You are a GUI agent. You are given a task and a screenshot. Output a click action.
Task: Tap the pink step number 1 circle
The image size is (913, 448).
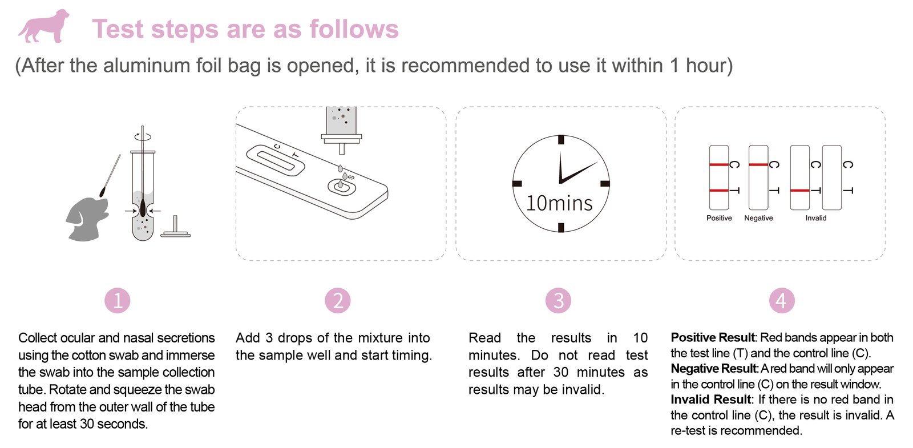118,301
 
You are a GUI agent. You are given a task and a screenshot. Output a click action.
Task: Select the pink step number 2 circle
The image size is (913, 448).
337,301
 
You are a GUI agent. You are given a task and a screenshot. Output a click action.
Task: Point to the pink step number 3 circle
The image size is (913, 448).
559,301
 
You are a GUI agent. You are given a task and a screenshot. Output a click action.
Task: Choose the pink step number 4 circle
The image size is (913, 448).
782,301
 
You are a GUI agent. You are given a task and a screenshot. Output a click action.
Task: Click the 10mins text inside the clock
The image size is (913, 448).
559,203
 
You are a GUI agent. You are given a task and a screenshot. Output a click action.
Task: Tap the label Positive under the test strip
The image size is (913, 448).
719,218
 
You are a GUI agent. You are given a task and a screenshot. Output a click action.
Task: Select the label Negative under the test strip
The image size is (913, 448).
758,218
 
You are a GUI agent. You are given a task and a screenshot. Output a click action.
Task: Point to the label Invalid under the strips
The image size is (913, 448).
816,218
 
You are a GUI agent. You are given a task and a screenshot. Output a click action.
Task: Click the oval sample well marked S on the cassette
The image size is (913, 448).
342,187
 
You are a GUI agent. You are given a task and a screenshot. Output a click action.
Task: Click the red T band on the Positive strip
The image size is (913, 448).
718,191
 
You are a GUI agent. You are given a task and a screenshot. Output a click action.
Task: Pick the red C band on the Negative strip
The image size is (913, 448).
758,165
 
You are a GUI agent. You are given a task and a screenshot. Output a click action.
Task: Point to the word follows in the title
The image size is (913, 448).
354,29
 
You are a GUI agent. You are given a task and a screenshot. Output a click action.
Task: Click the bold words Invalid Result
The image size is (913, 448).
710,399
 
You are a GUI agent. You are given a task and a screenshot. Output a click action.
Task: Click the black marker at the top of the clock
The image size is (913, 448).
561,139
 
